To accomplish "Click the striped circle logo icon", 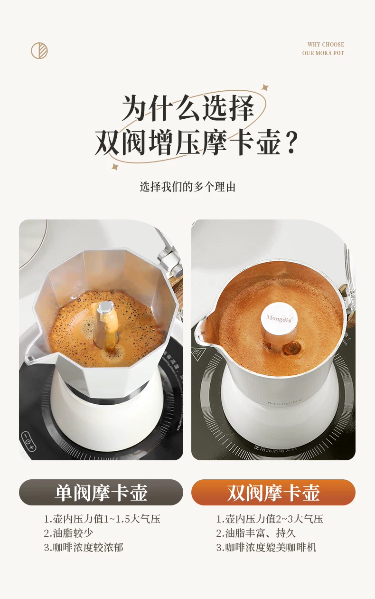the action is click(x=39, y=50).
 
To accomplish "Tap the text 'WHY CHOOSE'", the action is click(x=326, y=44).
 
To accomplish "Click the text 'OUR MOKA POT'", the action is click(x=323, y=53).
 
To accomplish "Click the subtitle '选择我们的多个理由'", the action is click(x=187, y=187).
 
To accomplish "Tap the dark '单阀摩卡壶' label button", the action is click(x=101, y=492).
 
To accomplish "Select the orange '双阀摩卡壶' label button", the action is click(x=273, y=492).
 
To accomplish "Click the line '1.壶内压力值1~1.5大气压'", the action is click(x=102, y=519).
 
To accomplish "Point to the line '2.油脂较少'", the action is click(x=68, y=533).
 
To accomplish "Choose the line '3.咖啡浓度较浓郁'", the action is click(x=84, y=547).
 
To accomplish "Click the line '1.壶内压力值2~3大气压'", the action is click(x=270, y=519).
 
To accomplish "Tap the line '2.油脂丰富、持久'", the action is click(x=256, y=533).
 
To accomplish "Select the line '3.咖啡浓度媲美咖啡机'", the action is click(x=266, y=547).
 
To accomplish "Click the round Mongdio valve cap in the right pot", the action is click(x=279, y=318).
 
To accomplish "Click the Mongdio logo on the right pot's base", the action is click(x=285, y=402).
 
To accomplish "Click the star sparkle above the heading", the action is click(x=265, y=87).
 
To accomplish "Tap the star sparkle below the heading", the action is click(x=115, y=167).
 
